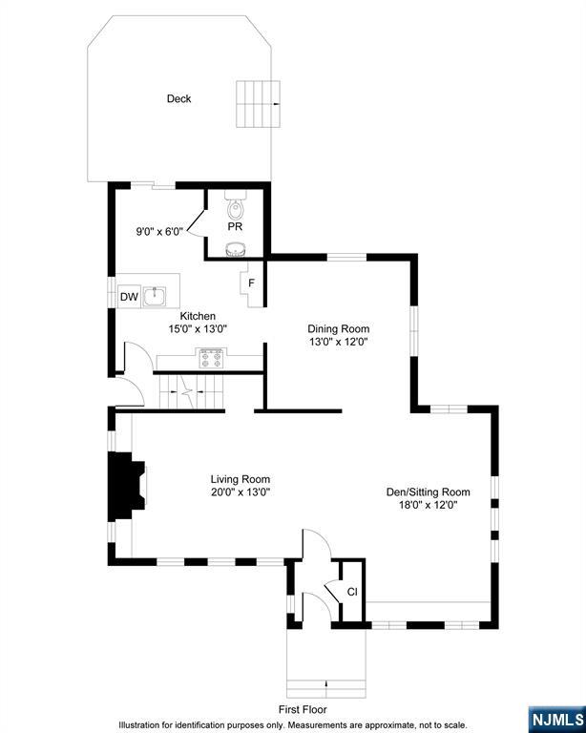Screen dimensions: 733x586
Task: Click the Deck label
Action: [178, 98]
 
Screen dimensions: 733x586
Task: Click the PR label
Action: [235, 227]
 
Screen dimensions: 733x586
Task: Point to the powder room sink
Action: [235, 249]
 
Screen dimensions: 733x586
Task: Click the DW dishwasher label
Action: [129, 297]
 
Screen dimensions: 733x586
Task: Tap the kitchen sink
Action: [158, 295]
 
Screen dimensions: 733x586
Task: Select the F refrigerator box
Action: [251, 283]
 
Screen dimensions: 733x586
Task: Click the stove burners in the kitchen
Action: [210, 360]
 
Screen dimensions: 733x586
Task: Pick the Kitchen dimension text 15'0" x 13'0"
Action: [198, 328]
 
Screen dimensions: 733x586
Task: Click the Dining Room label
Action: [338, 328]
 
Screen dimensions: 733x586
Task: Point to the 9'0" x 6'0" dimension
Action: [159, 230]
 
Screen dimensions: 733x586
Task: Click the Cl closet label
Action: [351, 592]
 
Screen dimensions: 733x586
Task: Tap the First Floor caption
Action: [303, 709]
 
